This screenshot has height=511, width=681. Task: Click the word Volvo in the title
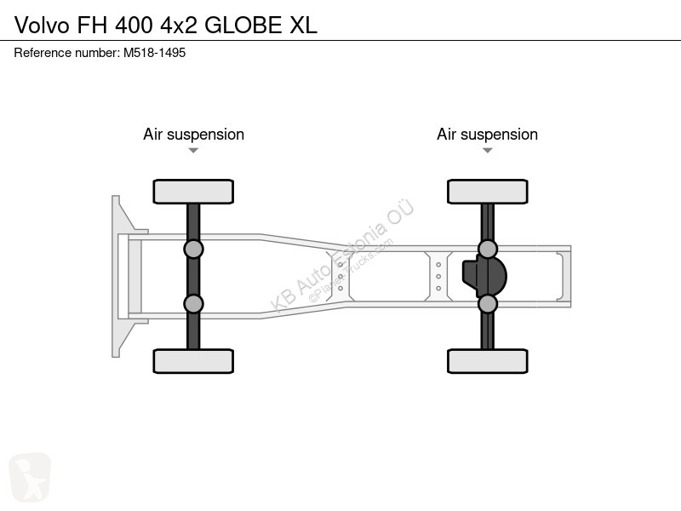[x=42, y=26]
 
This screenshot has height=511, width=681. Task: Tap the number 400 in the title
[x=134, y=26]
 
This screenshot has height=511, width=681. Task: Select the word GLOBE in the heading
[x=243, y=26]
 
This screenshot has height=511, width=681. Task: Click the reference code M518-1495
[x=155, y=53]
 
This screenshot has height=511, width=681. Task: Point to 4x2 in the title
[x=179, y=26]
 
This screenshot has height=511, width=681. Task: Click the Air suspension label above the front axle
[x=194, y=135]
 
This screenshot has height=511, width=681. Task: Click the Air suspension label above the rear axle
[x=487, y=135]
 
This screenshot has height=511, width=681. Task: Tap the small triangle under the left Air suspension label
[x=193, y=151]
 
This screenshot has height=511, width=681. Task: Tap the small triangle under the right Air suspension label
[x=487, y=151]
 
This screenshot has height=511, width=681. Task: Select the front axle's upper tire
[x=193, y=192]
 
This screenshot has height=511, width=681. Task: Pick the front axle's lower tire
[x=193, y=361]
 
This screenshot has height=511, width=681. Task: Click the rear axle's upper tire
[x=488, y=192]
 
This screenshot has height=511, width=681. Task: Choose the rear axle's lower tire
[x=488, y=361]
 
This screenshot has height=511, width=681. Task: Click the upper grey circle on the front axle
[x=193, y=250]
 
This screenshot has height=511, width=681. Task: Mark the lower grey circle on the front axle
[x=193, y=304]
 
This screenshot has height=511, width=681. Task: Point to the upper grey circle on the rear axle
[x=488, y=250]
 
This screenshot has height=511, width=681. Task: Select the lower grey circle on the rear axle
[x=488, y=304]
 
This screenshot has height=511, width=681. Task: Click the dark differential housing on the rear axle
[x=484, y=276]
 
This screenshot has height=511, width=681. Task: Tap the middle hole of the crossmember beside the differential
[x=438, y=276]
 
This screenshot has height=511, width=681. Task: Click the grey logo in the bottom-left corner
[x=30, y=477]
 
